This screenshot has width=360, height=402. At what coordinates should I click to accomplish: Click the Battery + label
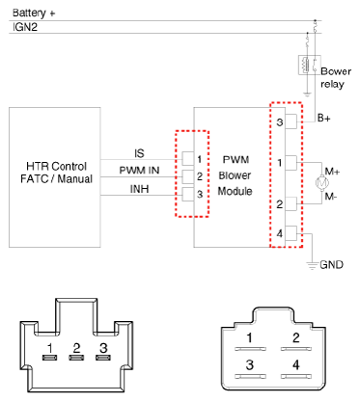(34, 13)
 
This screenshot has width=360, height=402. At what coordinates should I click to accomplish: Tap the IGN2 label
(25, 27)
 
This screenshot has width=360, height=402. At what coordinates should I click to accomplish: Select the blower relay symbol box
(310, 65)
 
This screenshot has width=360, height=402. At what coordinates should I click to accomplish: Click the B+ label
(323, 118)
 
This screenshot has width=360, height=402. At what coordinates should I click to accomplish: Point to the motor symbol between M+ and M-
(321, 183)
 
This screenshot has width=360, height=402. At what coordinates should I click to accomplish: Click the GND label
(332, 264)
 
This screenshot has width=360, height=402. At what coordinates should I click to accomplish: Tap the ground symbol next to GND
(312, 266)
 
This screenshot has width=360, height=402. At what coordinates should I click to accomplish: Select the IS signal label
(139, 153)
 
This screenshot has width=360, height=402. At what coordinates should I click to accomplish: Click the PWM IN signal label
(139, 170)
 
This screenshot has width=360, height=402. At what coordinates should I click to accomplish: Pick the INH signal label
(139, 189)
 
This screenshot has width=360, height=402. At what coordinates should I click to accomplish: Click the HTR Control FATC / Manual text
(56, 173)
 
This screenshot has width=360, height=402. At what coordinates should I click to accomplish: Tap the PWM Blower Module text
(235, 175)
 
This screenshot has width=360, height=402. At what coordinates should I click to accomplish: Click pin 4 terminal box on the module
(291, 233)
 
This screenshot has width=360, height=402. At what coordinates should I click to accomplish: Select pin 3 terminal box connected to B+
(291, 121)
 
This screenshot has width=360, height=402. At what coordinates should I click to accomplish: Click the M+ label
(332, 172)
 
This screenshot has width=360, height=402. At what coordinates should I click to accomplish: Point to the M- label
(331, 196)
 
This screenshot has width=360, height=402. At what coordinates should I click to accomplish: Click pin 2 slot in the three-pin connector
(76, 358)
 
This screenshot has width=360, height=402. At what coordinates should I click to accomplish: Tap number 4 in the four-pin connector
(296, 364)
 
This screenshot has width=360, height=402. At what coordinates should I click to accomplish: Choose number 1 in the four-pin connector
(249, 337)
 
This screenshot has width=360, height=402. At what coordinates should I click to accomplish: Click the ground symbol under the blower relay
(307, 94)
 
